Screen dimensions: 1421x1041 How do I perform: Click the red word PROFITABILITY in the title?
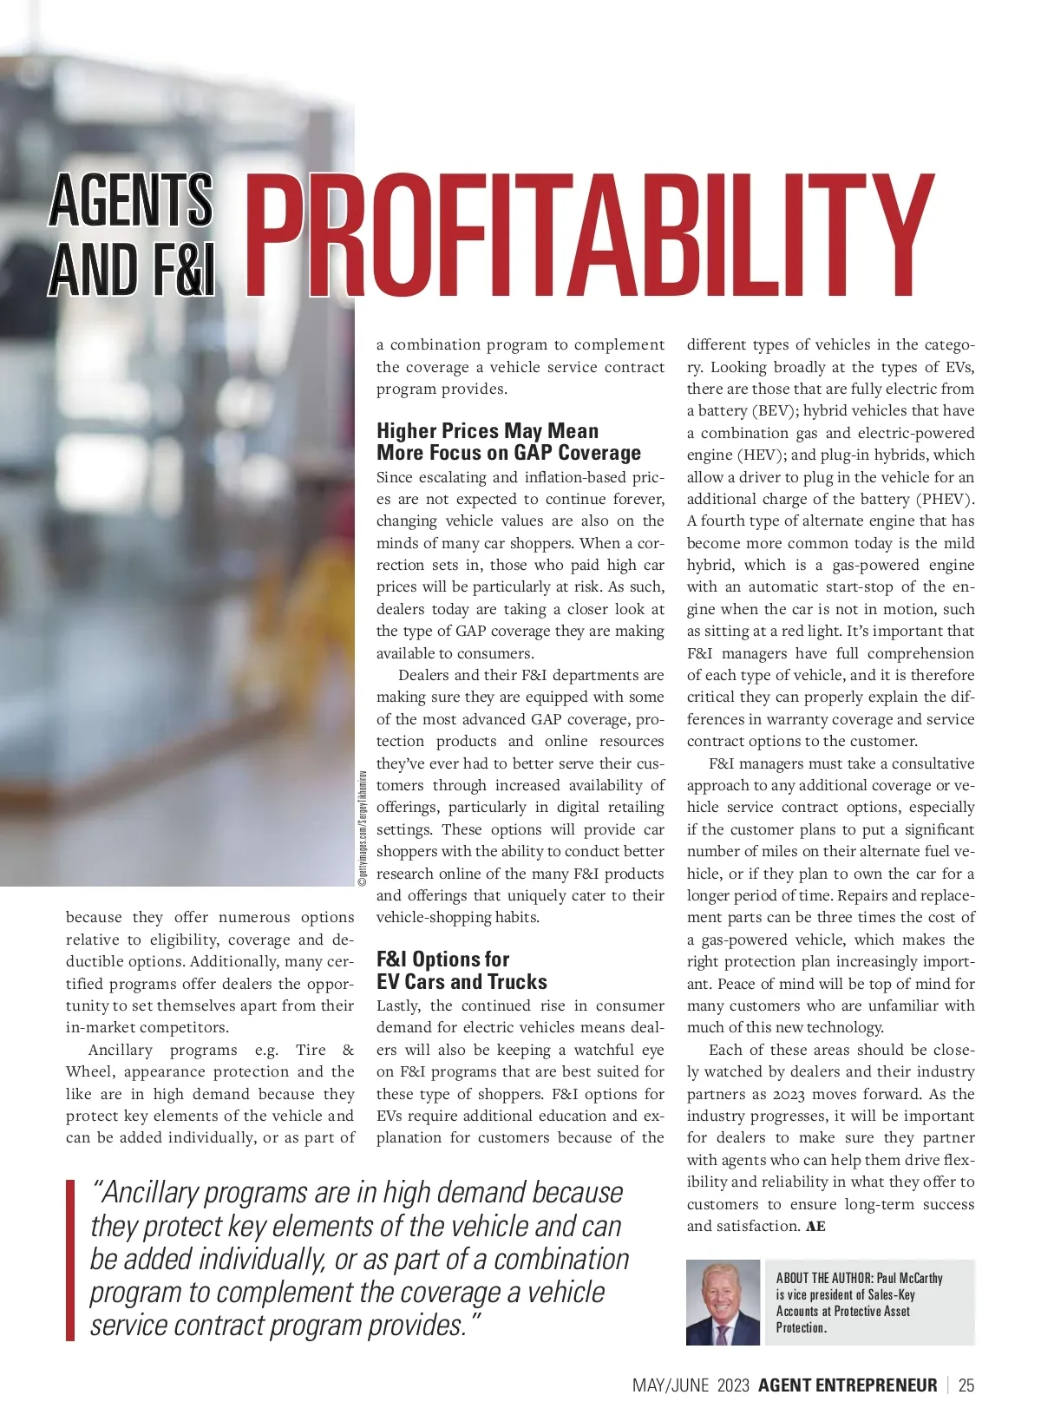click(590, 236)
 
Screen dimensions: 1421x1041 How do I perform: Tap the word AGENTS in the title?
click(130, 200)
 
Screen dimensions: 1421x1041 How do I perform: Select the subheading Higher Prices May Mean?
click(488, 431)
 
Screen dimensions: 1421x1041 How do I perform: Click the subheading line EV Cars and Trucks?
click(462, 982)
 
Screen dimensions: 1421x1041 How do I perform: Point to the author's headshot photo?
click(723, 1302)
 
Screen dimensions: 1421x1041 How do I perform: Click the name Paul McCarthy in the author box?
click(909, 1278)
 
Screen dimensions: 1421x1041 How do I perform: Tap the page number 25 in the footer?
click(966, 1385)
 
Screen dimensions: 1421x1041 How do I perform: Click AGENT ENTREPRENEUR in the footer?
click(848, 1385)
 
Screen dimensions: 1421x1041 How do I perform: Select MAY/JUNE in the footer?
click(671, 1385)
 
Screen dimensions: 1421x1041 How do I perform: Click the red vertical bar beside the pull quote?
click(70, 1261)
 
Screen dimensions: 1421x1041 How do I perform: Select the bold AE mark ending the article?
click(815, 1227)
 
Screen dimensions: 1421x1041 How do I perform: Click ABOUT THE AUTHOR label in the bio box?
click(823, 1278)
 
